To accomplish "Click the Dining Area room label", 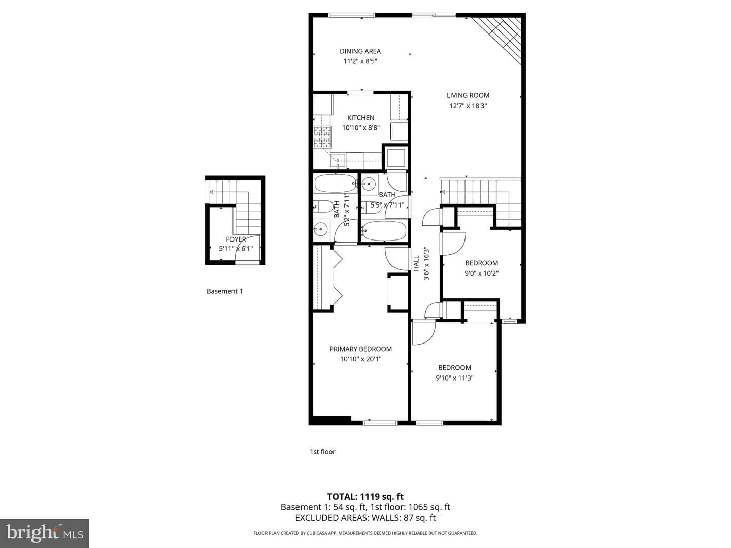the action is [x=360, y=51].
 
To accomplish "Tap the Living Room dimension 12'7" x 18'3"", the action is [x=468, y=106].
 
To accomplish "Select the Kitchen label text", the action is [x=360, y=117].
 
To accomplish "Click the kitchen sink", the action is [x=338, y=160].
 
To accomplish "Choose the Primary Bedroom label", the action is [x=360, y=349].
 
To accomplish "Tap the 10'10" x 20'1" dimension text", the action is [x=360, y=359].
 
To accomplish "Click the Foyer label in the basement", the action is [x=236, y=239].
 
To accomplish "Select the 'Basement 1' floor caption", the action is [x=224, y=291].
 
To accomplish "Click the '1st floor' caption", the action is [x=322, y=452].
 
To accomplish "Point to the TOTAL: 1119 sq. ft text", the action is [x=365, y=497].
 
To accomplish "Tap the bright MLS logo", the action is [x=45, y=533].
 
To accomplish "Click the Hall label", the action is [x=416, y=263].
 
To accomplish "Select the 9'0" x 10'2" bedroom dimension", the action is [x=482, y=273].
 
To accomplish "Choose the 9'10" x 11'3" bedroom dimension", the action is [x=454, y=378].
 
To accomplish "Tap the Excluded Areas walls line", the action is [x=365, y=518].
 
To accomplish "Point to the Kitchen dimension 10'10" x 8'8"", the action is [x=360, y=128].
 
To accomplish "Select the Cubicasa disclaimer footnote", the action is [x=365, y=533].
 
